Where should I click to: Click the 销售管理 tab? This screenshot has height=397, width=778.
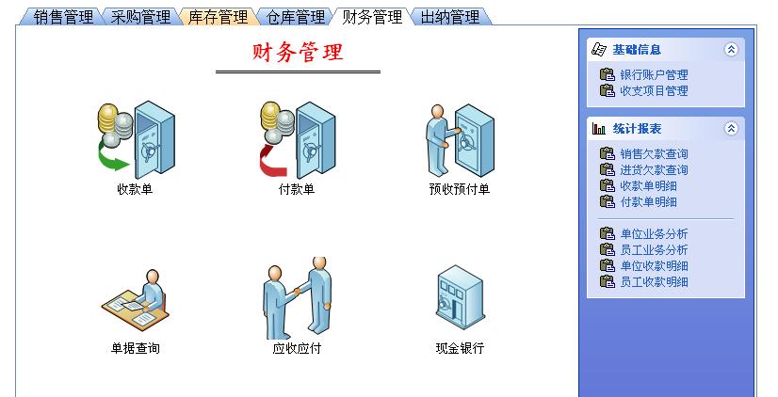pos(63,17)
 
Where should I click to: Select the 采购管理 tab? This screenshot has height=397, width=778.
pos(140,17)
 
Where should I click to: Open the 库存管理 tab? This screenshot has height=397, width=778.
pos(218,17)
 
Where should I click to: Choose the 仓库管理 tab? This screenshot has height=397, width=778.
pos(295,17)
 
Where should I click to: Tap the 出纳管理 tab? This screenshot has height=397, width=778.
pos(449,17)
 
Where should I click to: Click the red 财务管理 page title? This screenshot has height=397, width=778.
pos(298,53)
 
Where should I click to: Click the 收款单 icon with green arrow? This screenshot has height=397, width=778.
pos(135,140)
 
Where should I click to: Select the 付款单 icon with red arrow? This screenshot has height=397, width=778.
pos(297,140)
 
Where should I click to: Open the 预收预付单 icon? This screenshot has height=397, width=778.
pos(459,140)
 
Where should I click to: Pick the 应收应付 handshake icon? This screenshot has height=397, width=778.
pos(297,299)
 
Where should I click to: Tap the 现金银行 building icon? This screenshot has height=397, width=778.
pos(459,299)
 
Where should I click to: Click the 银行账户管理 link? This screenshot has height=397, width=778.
pos(654,75)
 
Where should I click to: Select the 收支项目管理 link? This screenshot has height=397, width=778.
pos(654,91)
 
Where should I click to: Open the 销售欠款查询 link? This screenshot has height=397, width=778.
pos(654,154)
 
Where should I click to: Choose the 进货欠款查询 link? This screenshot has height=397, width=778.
pos(654,170)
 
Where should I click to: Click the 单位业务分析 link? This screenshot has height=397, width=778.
pos(654,234)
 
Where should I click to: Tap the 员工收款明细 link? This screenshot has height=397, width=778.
pos(654,282)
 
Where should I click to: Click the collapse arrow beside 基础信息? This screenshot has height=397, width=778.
pos(731,50)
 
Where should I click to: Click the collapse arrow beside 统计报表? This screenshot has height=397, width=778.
pos(731,129)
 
